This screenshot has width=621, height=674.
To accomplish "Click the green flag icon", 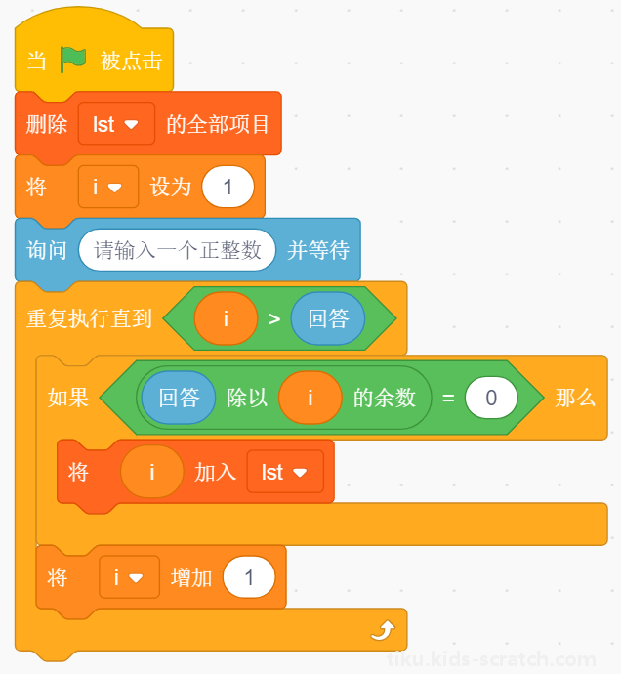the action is pyautogui.click(x=72, y=60).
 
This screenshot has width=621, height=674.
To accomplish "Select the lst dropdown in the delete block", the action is pyautogui.click(x=116, y=124).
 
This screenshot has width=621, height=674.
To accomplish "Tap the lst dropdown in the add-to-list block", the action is pyautogui.click(x=285, y=472).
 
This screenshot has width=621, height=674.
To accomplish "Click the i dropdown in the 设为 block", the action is pyautogui.click(x=107, y=187).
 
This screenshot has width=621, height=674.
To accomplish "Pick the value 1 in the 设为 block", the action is pyautogui.click(x=228, y=187).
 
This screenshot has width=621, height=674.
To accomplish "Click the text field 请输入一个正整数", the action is pyautogui.click(x=177, y=250).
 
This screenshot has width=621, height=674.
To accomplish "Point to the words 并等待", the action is pyautogui.click(x=318, y=250).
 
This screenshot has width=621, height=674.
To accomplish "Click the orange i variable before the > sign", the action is pyautogui.click(x=227, y=318).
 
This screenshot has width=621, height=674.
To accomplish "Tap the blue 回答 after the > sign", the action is pyautogui.click(x=328, y=318).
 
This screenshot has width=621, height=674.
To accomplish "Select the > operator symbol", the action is pyautogui.click(x=274, y=319).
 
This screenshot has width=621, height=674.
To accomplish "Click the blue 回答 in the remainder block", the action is pyautogui.click(x=179, y=398).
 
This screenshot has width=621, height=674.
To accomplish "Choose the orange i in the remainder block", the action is pyautogui.click(x=310, y=398).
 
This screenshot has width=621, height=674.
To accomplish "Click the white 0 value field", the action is pyautogui.click(x=491, y=398).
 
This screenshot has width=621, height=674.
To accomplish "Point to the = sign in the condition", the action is pyautogui.click(x=448, y=398).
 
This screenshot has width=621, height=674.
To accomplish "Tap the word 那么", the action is pyautogui.click(x=575, y=398).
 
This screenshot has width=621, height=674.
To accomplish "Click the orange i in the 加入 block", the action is pyautogui.click(x=152, y=472).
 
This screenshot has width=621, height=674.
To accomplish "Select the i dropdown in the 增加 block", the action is pyautogui.click(x=129, y=577).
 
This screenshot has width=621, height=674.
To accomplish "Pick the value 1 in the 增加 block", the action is pyautogui.click(x=249, y=577).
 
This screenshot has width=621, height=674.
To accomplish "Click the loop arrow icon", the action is pyautogui.click(x=383, y=630).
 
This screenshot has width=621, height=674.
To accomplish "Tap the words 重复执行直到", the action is pyautogui.click(x=89, y=318).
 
